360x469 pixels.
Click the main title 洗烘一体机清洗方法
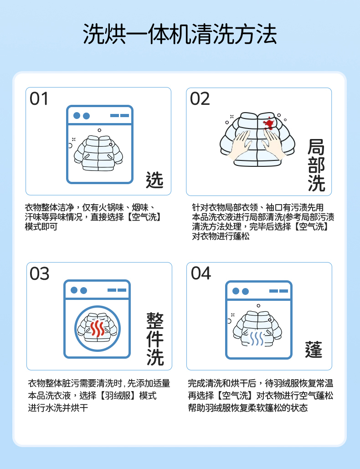180,34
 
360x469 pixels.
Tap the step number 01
39,99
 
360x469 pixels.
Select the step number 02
200,99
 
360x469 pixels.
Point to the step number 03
40,273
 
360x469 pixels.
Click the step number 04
201,273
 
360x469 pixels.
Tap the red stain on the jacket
268,124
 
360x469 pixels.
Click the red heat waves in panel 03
98,329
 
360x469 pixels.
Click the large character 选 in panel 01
154,180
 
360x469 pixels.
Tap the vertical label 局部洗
316,165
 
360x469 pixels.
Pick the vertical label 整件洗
155,339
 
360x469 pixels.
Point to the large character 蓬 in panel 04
314,349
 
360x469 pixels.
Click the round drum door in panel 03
98,328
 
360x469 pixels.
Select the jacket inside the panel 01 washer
98,153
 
